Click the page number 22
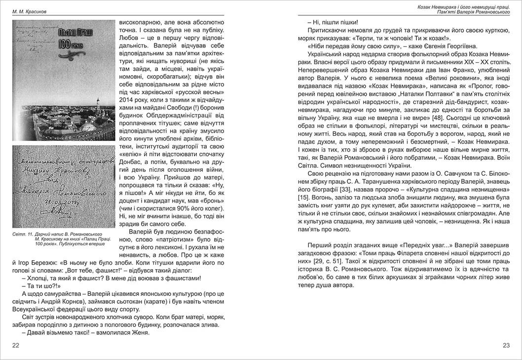click(x=16, y=345)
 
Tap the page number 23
click(x=506, y=345)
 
